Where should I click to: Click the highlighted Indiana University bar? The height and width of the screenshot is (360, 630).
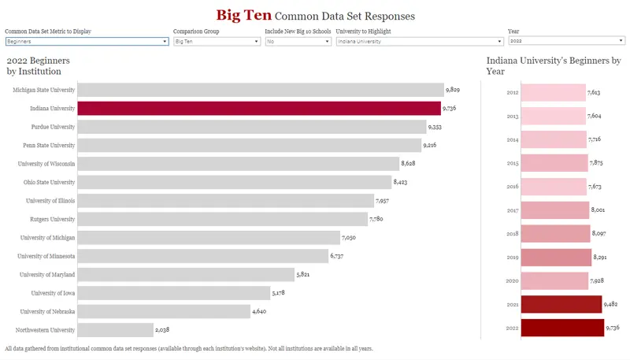pos(259,109)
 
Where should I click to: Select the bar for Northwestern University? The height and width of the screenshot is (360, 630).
pos(116,330)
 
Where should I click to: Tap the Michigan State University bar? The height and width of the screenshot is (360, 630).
pos(261,90)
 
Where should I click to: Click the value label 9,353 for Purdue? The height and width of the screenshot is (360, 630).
pos(435,127)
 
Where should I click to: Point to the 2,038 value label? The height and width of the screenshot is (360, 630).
pos(164,330)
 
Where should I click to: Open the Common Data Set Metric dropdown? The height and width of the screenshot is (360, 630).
pos(87,41)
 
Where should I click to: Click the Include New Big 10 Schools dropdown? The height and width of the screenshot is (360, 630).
pos(298,41)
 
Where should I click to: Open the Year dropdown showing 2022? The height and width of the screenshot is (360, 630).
pos(566,40)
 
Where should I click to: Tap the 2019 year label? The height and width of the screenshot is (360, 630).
pos(513,258)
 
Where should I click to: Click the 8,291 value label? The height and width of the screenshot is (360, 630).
pos(602,257)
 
